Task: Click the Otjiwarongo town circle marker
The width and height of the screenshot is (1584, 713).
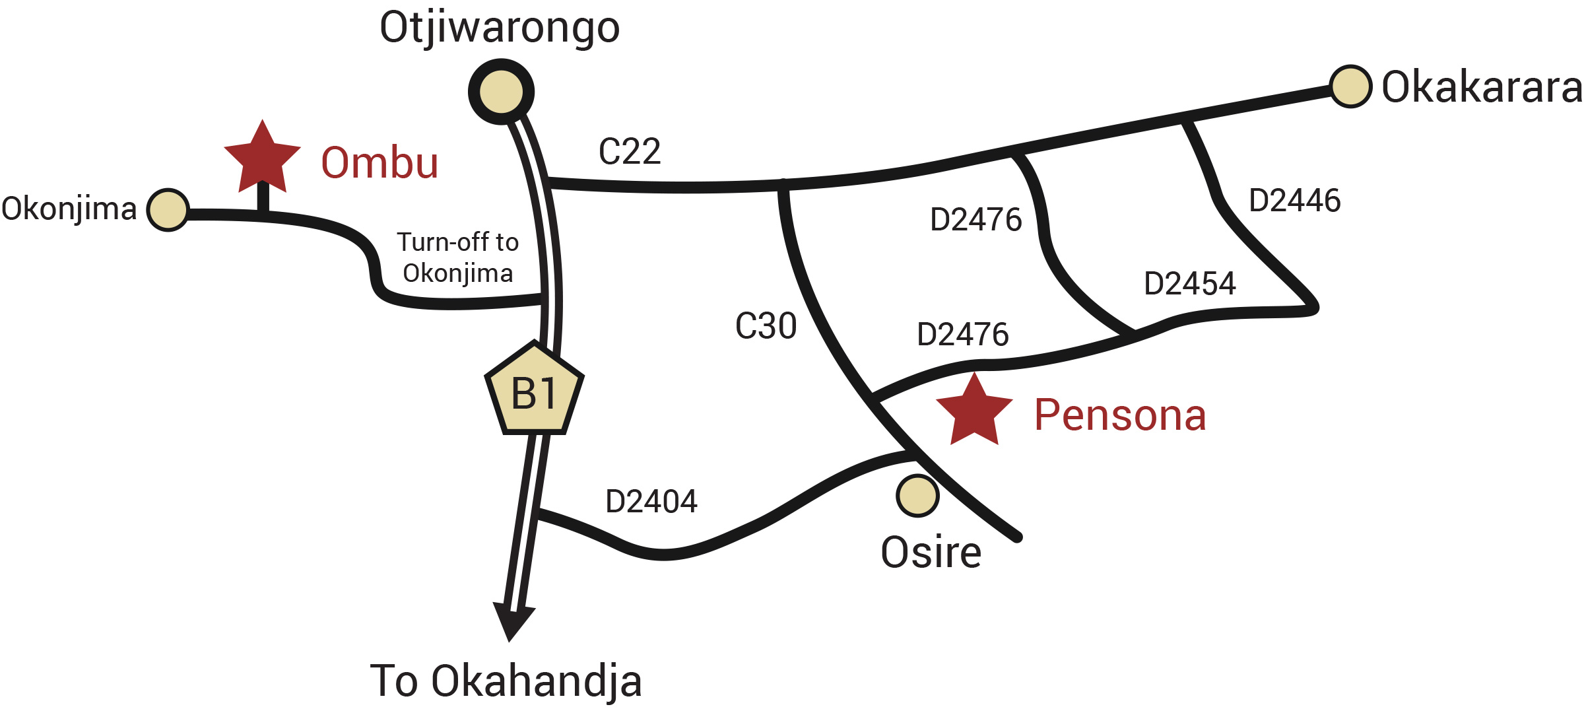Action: click(x=501, y=92)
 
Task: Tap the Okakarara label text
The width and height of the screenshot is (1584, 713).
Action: click(x=1481, y=87)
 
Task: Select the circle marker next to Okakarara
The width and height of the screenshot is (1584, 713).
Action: click(x=1350, y=86)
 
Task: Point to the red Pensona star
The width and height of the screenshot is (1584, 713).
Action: click(x=974, y=412)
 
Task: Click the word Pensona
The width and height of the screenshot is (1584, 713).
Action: click(x=1120, y=415)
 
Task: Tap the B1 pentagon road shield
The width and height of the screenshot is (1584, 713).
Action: click(x=535, y=392)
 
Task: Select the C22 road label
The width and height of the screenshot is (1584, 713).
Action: click(x=629, y=152)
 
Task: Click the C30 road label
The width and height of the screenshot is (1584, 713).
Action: click(x=766, y=326)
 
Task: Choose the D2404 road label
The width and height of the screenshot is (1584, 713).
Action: click(x=651, y=502)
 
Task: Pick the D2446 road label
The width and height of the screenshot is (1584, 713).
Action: click(x=1294, y=201)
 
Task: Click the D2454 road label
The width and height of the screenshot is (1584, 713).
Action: click(x=1189, y=284)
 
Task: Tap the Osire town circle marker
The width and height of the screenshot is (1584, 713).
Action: click(x=917, y=495)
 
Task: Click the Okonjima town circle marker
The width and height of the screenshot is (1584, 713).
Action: click(x=168, y=210)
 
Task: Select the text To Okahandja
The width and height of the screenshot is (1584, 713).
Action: click(x=506, y=681)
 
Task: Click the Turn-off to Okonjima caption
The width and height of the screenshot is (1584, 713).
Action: click(x=457, y=257)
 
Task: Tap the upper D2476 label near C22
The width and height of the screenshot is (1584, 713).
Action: click(x=975, y=220)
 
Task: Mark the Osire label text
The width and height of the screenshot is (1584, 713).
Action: click(x=931, y=553)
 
